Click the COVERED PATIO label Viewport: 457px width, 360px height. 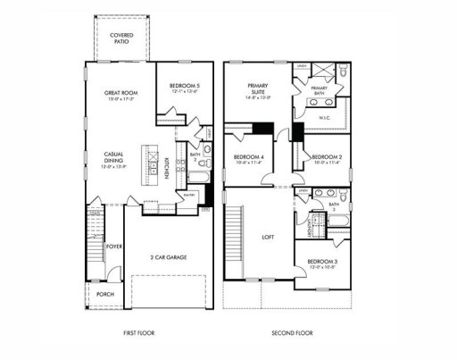click(121, 38)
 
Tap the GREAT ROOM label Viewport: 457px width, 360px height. click(120, 96)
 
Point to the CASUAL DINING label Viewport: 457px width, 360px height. click(115, 159)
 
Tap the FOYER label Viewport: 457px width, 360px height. click(114, 246)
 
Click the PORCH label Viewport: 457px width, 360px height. click(105, 292)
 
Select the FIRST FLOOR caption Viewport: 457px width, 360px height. click(141, 334)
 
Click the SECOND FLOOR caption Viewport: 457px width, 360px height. click(292, 334)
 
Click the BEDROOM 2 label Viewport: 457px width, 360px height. click(327, 157)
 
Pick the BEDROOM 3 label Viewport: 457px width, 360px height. click(323, 262)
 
